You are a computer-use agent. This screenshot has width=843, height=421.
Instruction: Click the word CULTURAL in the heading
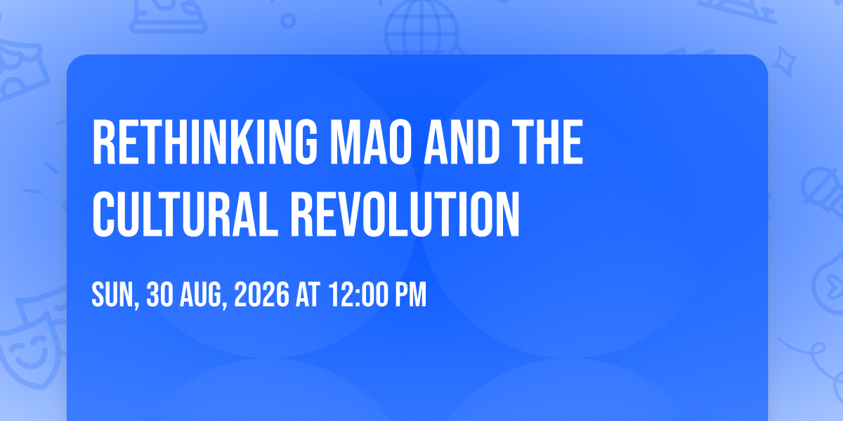point(185,214)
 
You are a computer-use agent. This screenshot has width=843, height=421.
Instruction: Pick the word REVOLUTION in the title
point(405,214)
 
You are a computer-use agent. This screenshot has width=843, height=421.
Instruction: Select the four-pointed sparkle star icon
point(783,62)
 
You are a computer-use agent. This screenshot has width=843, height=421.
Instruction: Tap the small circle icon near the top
point(288,20)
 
